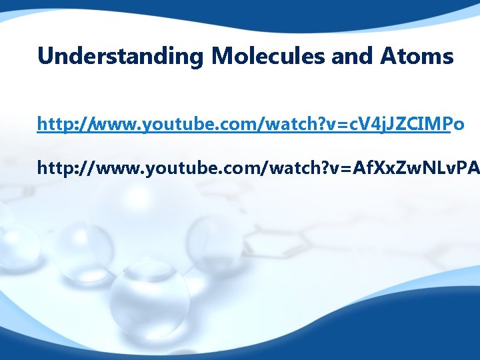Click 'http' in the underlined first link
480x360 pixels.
click(x=54, y=124)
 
